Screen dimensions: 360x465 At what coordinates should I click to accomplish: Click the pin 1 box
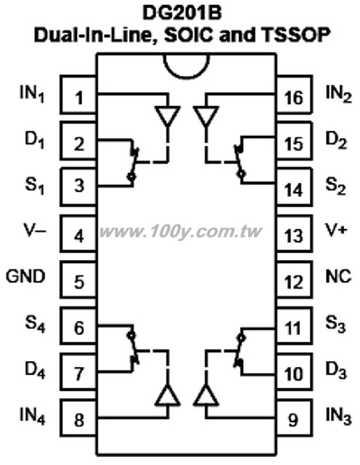78,94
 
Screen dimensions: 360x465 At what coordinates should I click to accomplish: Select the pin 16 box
294,94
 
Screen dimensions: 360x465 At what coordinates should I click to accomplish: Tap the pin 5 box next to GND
78,279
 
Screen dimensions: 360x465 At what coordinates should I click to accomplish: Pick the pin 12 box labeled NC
294,279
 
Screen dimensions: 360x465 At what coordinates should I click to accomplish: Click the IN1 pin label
32,94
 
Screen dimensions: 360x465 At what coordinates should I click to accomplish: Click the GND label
26,276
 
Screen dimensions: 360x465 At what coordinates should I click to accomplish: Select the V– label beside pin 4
35,230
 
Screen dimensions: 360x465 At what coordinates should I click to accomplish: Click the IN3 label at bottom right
339,416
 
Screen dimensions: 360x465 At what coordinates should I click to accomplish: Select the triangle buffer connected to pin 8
168,395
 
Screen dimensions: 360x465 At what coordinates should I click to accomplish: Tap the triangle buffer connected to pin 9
206,395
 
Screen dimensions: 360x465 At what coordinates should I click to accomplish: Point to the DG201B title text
182,13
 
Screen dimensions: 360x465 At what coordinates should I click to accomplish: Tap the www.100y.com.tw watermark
181,232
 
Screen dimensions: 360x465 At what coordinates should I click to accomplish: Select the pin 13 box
294,233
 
